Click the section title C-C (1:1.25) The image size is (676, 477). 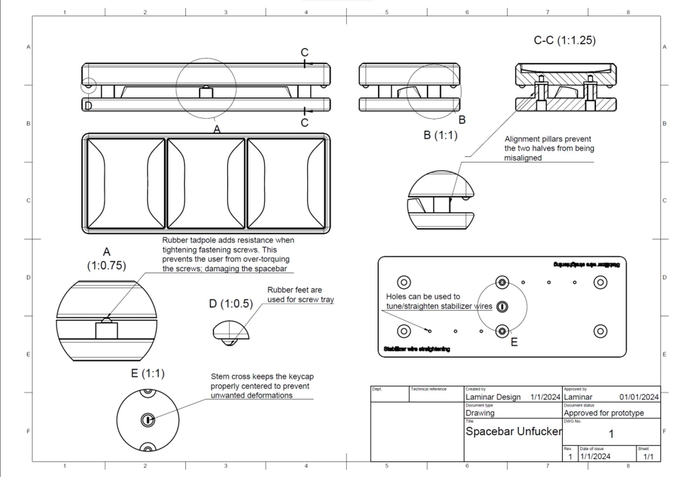[564, 40]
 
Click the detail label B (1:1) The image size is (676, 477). [440, 135]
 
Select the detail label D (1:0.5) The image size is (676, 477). [231, 303]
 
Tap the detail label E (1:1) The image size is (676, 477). [148, 373]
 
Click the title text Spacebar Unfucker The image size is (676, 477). [513, 431]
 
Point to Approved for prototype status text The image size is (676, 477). [603, 413]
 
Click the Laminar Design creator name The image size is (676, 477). [493, 397]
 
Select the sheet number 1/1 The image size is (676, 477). [648, 457]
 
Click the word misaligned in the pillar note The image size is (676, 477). [523, 158]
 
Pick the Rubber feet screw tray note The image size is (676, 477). [300, 295]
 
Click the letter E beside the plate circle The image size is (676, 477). [514, 342]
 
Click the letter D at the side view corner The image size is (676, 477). [88, 106]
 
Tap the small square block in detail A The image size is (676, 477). [106, 331]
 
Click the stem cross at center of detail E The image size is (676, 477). [148, 420]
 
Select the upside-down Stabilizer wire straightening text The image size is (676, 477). [586, 265]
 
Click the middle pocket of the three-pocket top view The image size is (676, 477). [206, 183]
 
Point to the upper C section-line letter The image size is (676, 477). [304, 52]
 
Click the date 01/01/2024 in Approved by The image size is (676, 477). [639, 397]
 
